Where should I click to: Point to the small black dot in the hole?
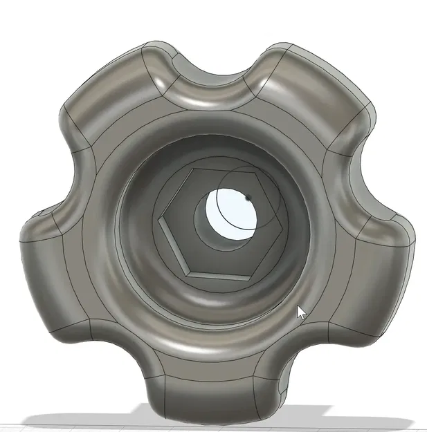tap(248, 198)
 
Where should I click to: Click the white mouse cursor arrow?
tap(300, 312)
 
